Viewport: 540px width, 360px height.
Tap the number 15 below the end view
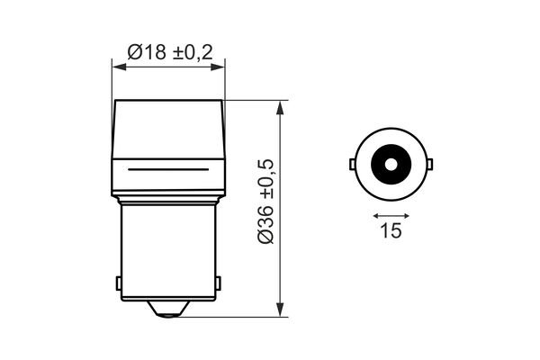point(390,231)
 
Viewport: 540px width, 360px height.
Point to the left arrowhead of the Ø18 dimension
point(116,64)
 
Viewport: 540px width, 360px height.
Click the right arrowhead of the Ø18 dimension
point(220,64)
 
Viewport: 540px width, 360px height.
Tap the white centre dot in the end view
point(390,165)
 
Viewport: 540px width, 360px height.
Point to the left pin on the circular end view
point(351,165)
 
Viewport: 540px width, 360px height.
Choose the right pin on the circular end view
point(429,165)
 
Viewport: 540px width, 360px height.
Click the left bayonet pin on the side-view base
point(120,283)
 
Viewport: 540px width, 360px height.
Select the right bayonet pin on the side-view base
point(217,283)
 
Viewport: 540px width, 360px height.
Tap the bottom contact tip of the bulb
point(168,310)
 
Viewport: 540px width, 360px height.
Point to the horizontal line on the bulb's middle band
point(168,169)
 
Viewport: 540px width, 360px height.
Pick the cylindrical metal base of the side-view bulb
point(168,252)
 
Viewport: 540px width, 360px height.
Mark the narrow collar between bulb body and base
point(168,196)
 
